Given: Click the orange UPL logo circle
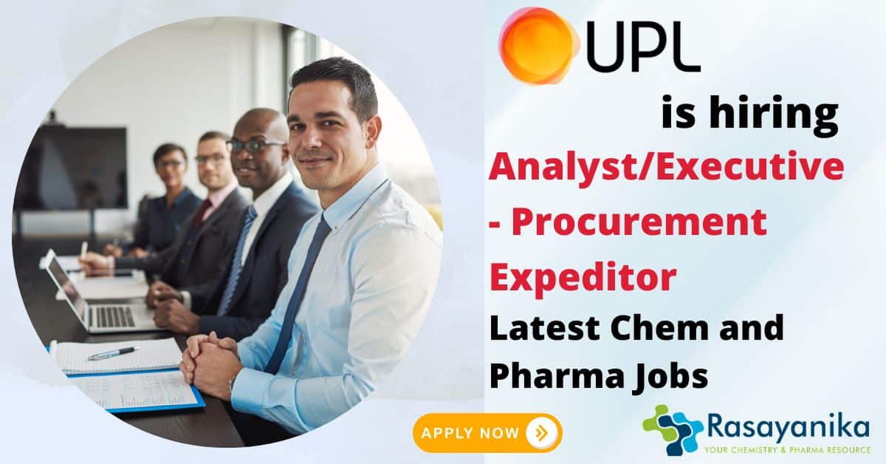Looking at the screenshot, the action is (538, 46).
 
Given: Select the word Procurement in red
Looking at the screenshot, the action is (639, 222).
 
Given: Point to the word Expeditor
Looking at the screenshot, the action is (583, 279).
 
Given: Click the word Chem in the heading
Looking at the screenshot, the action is (657, 328).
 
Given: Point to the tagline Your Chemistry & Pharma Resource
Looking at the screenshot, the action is (787, 450).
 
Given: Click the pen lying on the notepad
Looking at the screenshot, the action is (113, 353).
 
